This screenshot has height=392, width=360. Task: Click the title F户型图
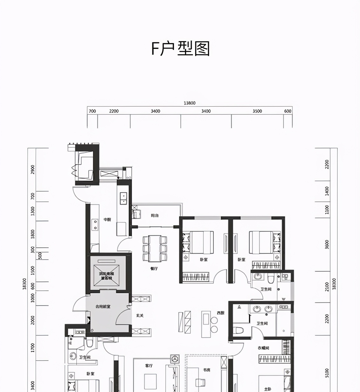click(180, 49)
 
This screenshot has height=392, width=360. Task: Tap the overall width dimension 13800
click(190, 103)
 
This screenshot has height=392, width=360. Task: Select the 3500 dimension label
click(257, 111)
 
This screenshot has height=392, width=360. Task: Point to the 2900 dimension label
click(32, 169)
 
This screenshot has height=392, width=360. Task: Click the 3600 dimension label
click(327, 244)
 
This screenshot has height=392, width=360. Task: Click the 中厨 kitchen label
click(107, 220)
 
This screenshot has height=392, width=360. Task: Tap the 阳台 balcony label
click(155, 216)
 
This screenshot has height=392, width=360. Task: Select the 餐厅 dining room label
click(154, 269)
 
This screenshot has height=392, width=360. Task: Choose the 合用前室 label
click(103, 307)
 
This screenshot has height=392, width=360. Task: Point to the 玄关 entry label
click(140, 315)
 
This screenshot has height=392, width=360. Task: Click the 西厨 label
click(220, 313)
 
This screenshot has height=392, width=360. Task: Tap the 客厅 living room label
click(149, 366)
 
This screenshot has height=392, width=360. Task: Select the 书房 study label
click(206, 370)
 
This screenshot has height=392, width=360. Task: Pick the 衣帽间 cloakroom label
click(263, 348)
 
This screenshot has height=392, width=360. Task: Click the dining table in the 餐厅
click(155, 248)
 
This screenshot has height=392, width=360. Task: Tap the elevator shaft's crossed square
click(106, 272)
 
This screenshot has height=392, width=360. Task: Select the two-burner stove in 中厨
click(95, 225)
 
